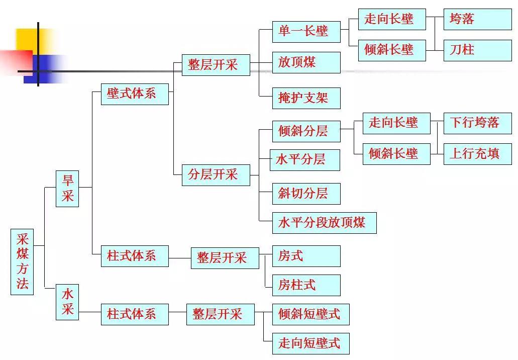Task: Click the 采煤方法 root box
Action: coord(22,261)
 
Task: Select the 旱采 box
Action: coord(67,189)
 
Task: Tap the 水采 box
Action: coord(67,302)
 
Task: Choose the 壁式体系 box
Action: coord(135,94)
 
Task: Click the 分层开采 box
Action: coord(216,175)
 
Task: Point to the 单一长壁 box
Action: coord(306,31)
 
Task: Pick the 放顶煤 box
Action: coord(306,62)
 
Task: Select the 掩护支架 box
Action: coord(306,98)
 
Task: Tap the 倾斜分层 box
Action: coord(306,132)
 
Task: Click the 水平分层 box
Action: coord(304,160)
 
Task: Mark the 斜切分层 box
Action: coord(306,194)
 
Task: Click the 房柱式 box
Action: coord(306,285)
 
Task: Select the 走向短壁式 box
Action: coord(310,343)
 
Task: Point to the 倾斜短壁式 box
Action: coord(310,314)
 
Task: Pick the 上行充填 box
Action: coord(477,153)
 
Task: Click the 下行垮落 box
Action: coord(477,123)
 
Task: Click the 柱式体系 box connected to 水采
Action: coord(135,314)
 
